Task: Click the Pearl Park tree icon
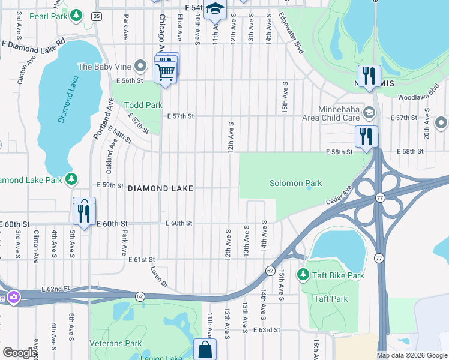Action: pos(76,14)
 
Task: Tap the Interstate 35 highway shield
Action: pos(97,16)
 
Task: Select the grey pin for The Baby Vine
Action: pos(140,65)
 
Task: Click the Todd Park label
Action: pos(143,105)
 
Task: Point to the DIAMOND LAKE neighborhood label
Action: pos(160,188)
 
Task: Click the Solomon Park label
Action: pos(295,184)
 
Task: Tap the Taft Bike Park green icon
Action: pos(304,275)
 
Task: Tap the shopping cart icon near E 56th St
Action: pos(165,73)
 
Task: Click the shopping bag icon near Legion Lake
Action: pos(205,349)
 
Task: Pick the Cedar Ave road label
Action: pos(339,197)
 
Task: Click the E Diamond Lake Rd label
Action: pos(33,44)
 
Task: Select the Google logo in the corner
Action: pos(20,353)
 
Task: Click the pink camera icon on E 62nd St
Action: pos(13,296)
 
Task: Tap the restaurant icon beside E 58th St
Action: pos(366,137)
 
